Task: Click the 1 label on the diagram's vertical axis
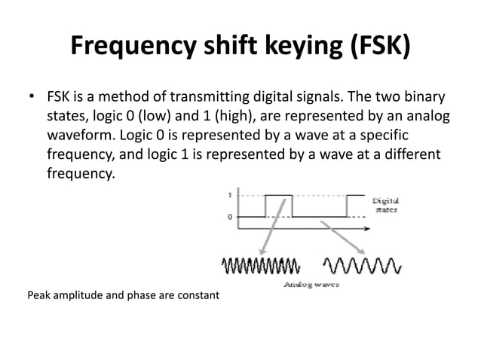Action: (229, 194)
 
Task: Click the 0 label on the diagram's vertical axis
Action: (229, 217)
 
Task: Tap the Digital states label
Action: (385, 206)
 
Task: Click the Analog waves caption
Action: (311, 285)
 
